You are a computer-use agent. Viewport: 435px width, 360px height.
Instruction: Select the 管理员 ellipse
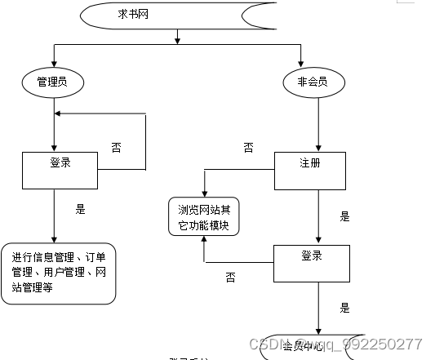click(x=54, y=82)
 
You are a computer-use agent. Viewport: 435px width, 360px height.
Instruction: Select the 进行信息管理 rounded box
click(x=59, y=273)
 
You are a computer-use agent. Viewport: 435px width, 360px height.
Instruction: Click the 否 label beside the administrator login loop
click(x=116, y=148)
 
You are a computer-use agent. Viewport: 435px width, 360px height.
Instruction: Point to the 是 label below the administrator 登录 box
click(x=80, y=209)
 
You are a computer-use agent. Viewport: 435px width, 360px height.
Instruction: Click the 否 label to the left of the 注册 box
click(x=248, y=148)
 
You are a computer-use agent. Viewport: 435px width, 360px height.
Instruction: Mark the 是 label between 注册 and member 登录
click(x=344, y=217)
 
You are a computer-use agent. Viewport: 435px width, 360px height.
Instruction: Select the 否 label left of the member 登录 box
click(x=230, y=278)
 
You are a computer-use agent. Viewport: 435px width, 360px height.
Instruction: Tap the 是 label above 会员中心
click(x=344, y=309)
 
